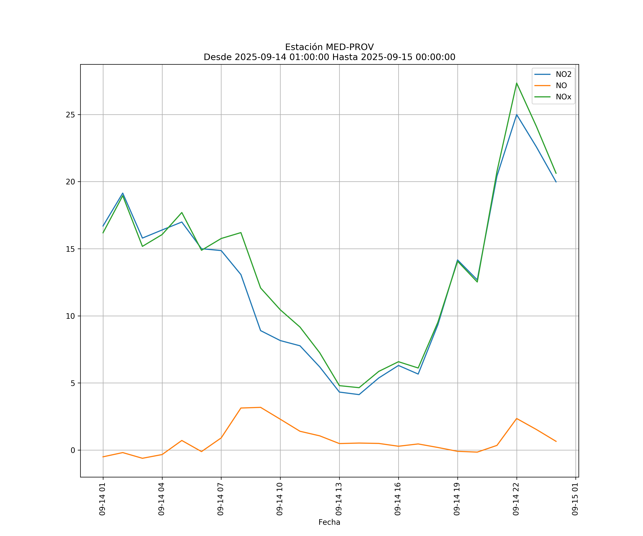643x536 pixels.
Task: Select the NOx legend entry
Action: (563, 97)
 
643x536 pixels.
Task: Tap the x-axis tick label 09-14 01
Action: (102, 499)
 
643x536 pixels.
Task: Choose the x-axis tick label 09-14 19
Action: (457, 499)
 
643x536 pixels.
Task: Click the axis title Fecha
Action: (329, 522)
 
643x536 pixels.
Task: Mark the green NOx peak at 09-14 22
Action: (517, 83)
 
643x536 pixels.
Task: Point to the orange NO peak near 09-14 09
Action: (260, 407)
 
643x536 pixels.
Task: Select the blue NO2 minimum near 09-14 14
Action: (359, 394)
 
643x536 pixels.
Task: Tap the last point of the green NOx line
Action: (556, 173)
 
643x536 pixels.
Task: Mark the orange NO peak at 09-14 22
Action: (517, 418)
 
